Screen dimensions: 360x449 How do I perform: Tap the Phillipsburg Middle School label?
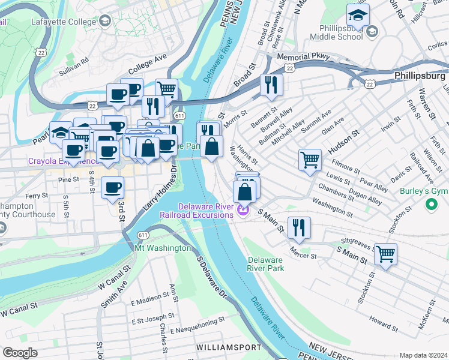[x=336, y=32]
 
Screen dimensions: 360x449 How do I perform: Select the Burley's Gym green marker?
[x=430, y=205]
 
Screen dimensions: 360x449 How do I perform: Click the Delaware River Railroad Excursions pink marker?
[x=243, y=210]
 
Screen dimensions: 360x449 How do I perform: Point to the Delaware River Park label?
[x=265, y=264]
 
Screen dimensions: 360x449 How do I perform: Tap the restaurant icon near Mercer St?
[x=298, y=227]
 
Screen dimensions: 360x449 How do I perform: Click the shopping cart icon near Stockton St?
[x=385, y=253]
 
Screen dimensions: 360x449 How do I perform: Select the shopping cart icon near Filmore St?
[x=310, y=160]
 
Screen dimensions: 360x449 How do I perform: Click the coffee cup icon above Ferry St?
[x=112, y=188]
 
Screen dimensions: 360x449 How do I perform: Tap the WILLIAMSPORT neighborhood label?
[x=228, y=347]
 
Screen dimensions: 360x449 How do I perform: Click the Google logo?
[x=20, y=353]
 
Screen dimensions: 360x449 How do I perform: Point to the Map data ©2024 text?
[x=423, y=355]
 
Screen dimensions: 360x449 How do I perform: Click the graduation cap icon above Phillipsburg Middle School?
[x=358, y=15]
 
